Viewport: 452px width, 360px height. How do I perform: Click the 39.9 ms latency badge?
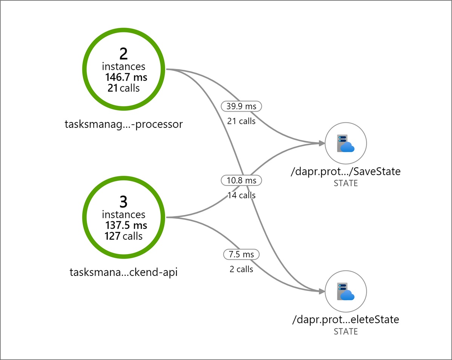pyautogui.click(x=241, y=106)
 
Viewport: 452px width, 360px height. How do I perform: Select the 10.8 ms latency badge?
pyautogui.click(x=241, y=181)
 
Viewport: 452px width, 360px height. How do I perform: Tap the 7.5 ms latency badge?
pyautogui.click(x=241, y=254)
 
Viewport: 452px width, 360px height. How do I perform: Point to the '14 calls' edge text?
pyautogui.click(x=241, y=195)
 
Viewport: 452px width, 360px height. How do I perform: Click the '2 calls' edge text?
pyautogui.click(x=241, y=270)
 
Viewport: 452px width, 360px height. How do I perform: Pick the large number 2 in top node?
pyautogui.click(x=124, y=54)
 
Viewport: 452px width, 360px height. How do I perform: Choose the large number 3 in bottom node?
pyautogui.click(x=124, y=203)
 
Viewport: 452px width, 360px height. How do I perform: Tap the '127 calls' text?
pyautogui.click(x=124, y=236)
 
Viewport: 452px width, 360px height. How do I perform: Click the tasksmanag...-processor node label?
pyautogui.click(x=124, y=124)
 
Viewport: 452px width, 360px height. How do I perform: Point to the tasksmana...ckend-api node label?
pyautogui.click(x=124, y=272)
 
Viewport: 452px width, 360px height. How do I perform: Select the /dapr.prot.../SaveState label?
pyautogui.click(x=345, y=172)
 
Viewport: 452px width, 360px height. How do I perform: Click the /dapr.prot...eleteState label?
pyautogui.click(x=345, y=320)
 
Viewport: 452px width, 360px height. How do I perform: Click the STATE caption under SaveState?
pyautogui.click(x=346, y=184)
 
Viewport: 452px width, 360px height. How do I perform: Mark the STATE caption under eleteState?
pyautogui.click(x=346, y=332)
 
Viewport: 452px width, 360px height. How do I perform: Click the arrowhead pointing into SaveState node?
pyautogui.click(x=322, y=143)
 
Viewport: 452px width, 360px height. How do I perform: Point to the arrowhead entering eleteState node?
pyautogui.click(x=322, y=291)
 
